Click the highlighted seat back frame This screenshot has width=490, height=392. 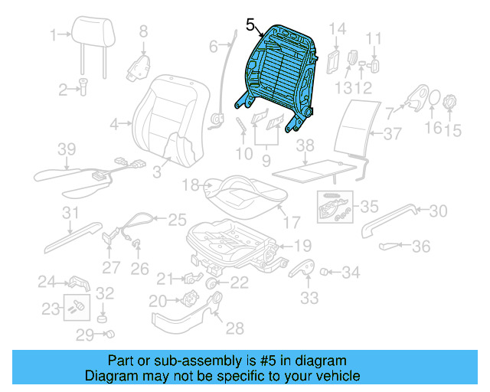(277, 73)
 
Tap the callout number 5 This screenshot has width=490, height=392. (250, 25)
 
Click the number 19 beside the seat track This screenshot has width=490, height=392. (303, 246)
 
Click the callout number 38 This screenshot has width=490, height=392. (305, 145)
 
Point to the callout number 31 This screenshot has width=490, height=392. (70, 212)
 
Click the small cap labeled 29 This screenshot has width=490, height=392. (109, 334)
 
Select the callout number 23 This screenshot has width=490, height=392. (51, 309)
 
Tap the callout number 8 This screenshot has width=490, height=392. (142, 31)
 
